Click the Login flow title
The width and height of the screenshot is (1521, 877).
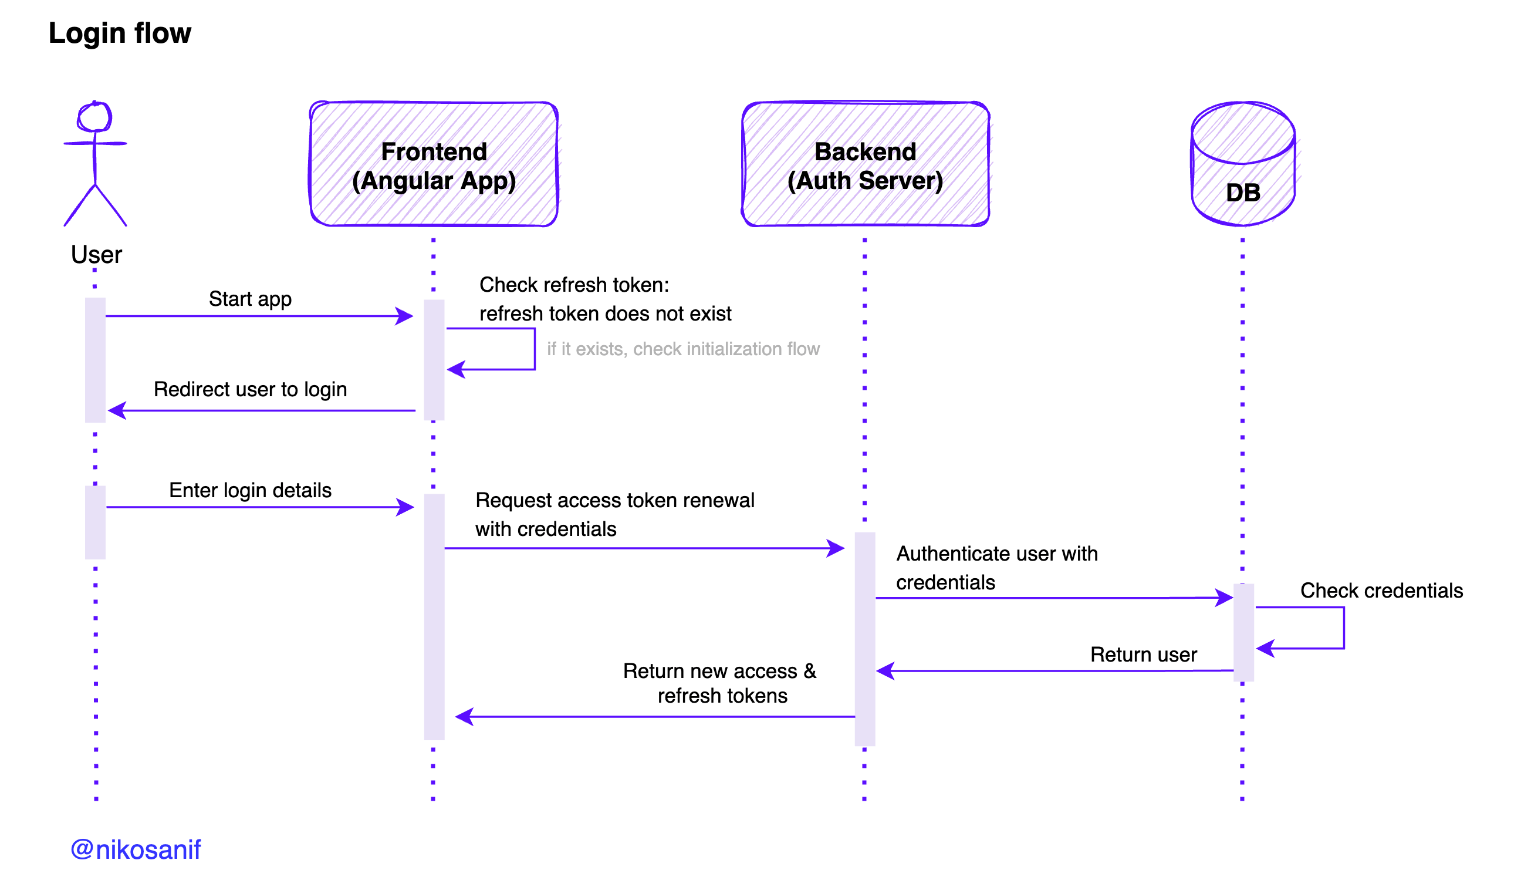click(x=119, y=33)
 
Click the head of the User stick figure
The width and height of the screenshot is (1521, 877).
click(x=94, y=117)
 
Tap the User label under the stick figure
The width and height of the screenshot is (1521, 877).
click(x=96, y=255)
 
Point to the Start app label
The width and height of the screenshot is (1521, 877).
click(x=250, y=299)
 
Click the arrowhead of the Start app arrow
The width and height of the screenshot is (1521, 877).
click(x=405, y=316)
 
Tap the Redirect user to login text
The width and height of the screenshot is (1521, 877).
click(x=250, y=389)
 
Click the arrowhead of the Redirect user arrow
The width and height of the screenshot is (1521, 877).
click(x=117, y=411)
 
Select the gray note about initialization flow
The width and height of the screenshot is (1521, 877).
click(x=683, y=349)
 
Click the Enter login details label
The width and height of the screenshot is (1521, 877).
click(x=250, y=490)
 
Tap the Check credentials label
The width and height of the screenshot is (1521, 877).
click(x=1381, y=591)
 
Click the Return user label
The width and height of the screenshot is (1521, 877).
click(x=1143, y=654)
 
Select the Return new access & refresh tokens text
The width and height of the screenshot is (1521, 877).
click(x=720, y=683)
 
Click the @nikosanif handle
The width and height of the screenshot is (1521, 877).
click(x=136, y=849)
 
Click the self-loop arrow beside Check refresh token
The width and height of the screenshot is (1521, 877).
click(x=533, y=349)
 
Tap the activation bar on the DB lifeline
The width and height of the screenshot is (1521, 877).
click(x=1243, y=632)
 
